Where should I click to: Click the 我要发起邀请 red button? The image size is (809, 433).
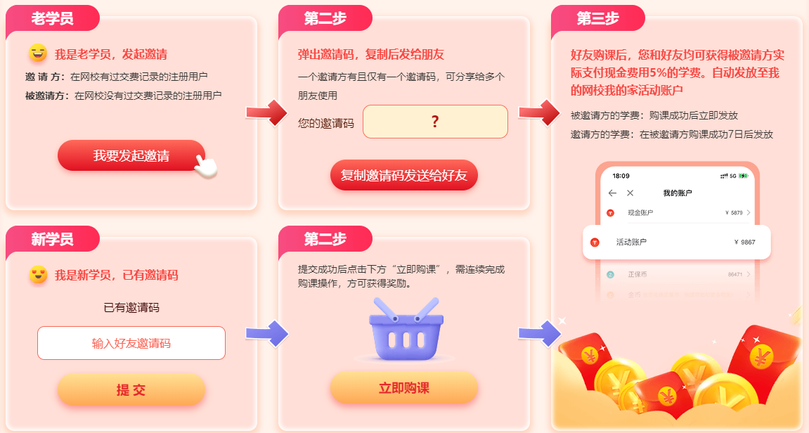point(131,155)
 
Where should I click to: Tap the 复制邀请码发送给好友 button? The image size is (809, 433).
point(403,175)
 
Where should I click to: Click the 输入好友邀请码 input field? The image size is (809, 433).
point(131,343)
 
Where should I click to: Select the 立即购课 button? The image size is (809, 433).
point(403,388)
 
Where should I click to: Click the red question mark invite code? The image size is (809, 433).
point(435,122)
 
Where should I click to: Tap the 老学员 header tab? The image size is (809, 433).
point(52,19)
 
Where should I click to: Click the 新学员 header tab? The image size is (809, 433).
point(52,240)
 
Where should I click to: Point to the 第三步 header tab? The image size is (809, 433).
point(597,19)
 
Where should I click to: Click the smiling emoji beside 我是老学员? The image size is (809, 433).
point(38,53)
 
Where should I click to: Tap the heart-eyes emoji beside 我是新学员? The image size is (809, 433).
point(38,274)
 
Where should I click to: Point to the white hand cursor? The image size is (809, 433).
point(205,166)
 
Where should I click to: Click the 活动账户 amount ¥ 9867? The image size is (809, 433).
point(744,242)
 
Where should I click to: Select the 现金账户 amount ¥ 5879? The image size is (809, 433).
point(733,212)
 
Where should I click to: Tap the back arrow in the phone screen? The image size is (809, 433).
point(612,193)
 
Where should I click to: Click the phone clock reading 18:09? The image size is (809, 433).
point(621,176)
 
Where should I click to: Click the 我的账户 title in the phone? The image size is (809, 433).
point(677,193)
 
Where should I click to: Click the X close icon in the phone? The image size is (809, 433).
point(630,193)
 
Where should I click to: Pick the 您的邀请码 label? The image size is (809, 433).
point(326,123)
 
